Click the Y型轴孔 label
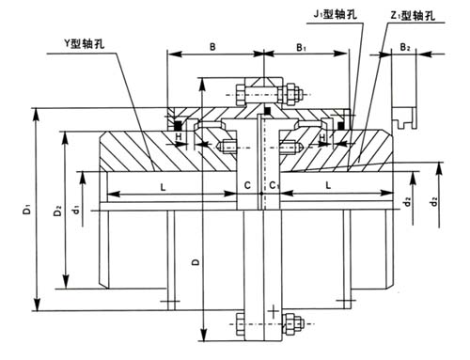click(85, 43)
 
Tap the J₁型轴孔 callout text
click(336, 14)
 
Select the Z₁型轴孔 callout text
click(413, 15)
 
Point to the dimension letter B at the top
click(212, 47)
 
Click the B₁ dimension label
click(301, 47)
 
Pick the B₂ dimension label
click(405, 47)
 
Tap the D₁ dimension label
click(27, 209)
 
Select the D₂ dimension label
click(57, 210)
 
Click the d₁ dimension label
click(75, 209)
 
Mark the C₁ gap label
click(274, 185)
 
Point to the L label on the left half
click(163, 187)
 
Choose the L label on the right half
click(328, 185)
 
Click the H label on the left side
click(179, 136)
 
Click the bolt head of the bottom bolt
click(240, 324)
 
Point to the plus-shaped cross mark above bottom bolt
click(274, 311)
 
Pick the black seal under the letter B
click(178, 125)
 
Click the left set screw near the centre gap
click(228, 148)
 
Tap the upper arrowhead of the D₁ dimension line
click(37, 114)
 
